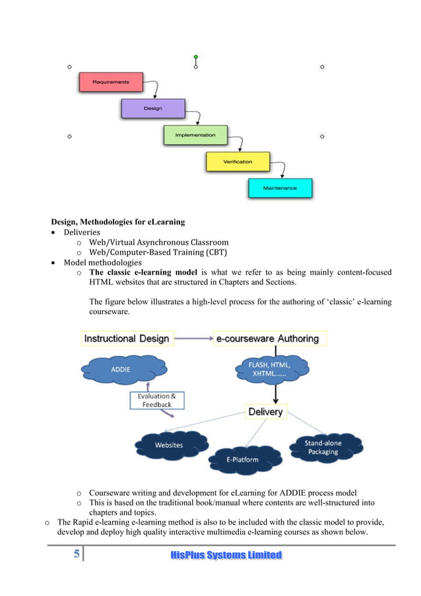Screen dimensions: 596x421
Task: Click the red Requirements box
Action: tap(111, 83)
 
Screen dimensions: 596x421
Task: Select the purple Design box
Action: tap(152, 108)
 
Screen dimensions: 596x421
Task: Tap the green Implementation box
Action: tap(195, 135)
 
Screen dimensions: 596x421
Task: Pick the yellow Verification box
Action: tap(238, 162)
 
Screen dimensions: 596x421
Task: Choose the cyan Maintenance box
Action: tap(280, 188)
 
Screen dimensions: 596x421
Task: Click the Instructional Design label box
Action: tap(126, 339)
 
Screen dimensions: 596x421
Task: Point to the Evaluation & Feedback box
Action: tap(156, 400)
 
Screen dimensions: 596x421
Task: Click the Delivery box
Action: tap(265, 412)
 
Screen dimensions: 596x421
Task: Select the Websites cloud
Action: tap(169, 445)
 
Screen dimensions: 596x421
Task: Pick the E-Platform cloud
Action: tap(245, 458)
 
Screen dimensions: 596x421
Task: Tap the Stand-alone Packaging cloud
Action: tap(323, 447)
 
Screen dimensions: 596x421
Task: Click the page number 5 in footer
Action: tap(77, 555)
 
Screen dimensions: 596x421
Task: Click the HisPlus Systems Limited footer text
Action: tap(226, 556)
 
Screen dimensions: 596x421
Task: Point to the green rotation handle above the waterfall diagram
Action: tap(196, 57)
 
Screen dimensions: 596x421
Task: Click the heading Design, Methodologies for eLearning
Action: tap(118, 221)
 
